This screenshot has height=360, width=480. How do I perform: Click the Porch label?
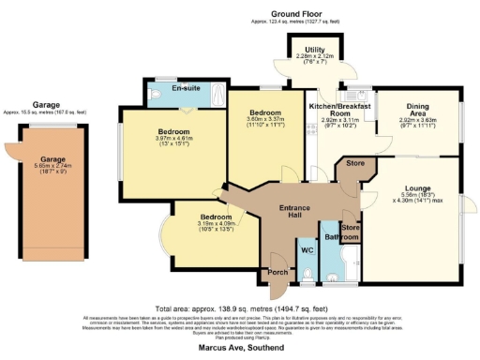click(278, 273)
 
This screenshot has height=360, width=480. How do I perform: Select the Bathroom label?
click(336, 237)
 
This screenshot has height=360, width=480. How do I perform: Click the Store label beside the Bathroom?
click(350, 227)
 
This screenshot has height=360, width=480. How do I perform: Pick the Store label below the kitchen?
click(354, 164)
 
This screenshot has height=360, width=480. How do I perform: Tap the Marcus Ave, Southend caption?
click(240, 348)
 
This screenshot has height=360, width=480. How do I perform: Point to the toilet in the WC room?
click(307, 276)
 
